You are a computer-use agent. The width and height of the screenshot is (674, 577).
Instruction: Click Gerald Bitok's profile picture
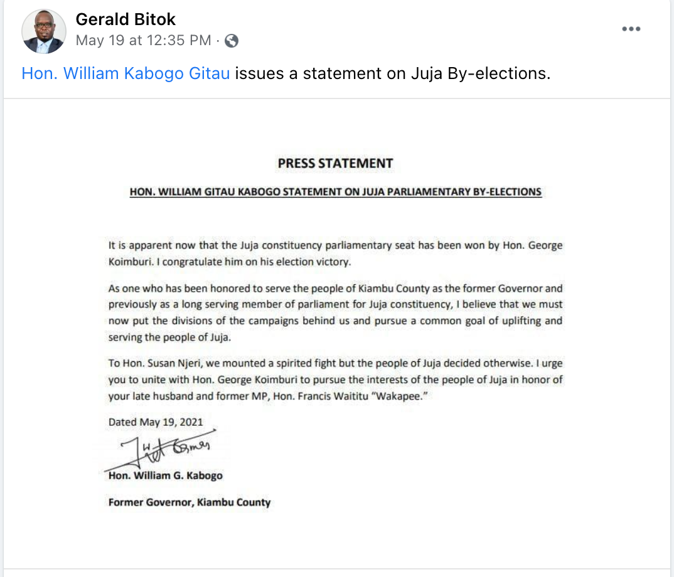(x=44, y=31)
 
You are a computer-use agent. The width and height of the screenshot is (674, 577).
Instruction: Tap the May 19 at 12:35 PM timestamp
(x=143, y=41)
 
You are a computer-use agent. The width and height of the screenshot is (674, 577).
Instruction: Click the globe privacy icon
(x=232, y=41)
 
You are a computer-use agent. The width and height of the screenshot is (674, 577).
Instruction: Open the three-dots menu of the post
(x=631, y=29)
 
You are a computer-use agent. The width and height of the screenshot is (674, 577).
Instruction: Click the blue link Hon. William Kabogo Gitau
(x=126, y=73)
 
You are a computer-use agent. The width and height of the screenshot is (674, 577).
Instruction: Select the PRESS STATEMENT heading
(x=335, y=164)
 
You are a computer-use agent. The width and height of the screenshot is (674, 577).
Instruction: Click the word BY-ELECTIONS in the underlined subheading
(x=506, y=192)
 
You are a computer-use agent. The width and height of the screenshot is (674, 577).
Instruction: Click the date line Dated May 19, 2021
(x=156, y=422)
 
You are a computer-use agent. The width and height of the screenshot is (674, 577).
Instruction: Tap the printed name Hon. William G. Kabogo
(x=165, y=475)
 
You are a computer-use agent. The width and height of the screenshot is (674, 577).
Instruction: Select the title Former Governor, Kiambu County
(x=190, y=502)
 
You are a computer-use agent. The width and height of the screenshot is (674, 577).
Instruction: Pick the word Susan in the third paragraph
(x=169, y=363)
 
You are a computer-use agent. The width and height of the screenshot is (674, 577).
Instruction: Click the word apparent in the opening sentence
(x=143, y=245)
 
